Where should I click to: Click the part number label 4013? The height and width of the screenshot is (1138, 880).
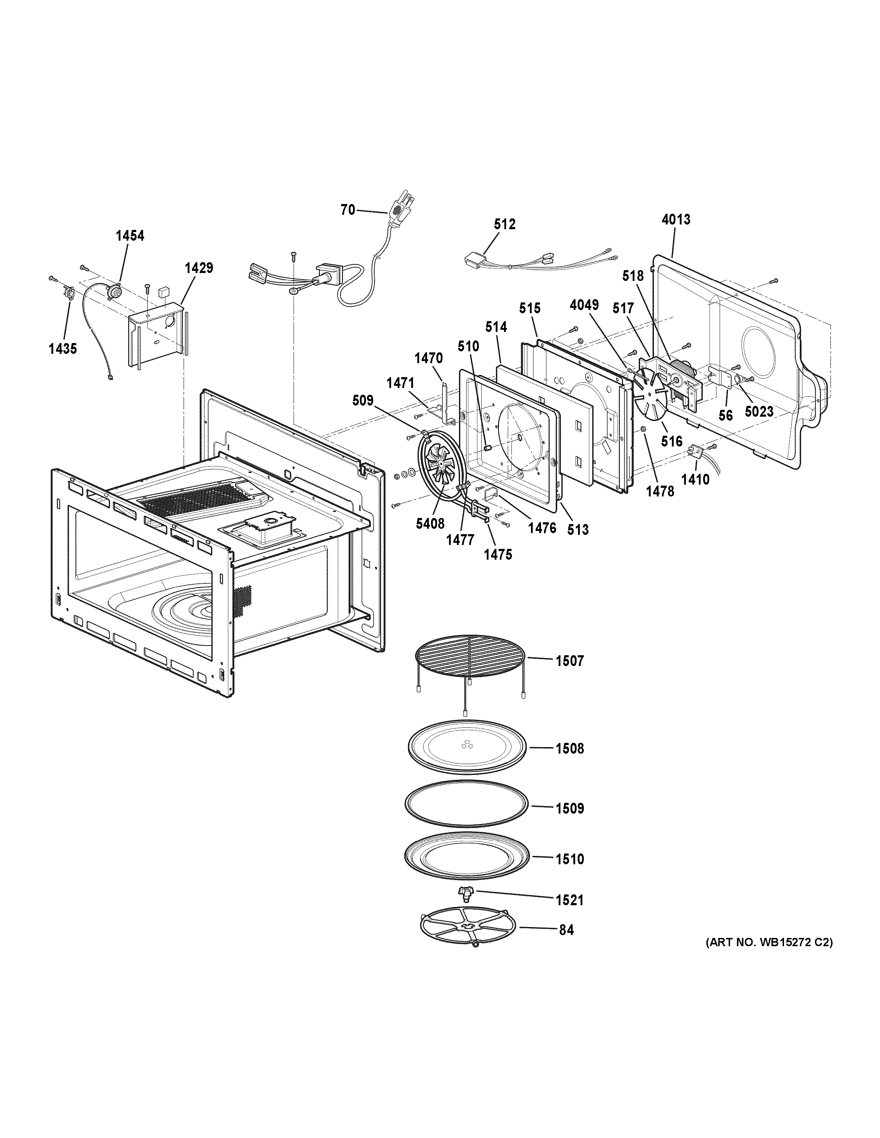point(676,220)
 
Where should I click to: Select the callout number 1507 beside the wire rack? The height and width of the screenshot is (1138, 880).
point(569,661)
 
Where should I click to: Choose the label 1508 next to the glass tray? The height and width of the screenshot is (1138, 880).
point(569,749)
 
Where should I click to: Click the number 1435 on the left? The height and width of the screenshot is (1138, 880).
point(63,348)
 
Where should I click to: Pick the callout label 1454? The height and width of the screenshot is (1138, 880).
point(130,236)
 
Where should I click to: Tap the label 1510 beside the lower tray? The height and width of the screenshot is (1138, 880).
point(569,859)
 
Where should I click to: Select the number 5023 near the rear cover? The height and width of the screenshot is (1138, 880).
point(758,412)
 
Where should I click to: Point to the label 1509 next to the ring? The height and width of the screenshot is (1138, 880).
point(569,809)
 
